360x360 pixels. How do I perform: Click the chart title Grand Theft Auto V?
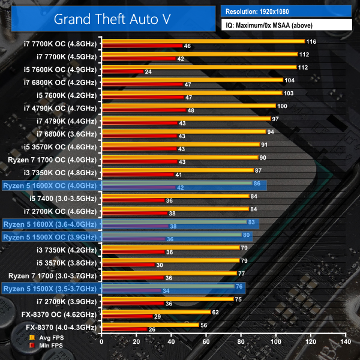point(112,18)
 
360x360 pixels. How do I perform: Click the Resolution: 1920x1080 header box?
point(286,11)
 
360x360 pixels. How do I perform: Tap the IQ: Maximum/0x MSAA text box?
point(286,25)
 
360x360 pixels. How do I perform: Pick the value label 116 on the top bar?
point(310,41)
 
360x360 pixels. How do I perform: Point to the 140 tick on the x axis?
point(344,341)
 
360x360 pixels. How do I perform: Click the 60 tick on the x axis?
point(206,341)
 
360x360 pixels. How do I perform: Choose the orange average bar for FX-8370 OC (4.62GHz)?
point(155,312)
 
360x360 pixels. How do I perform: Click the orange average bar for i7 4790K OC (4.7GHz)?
point(188,106)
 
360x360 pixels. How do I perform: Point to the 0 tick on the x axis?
point(101,341)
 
